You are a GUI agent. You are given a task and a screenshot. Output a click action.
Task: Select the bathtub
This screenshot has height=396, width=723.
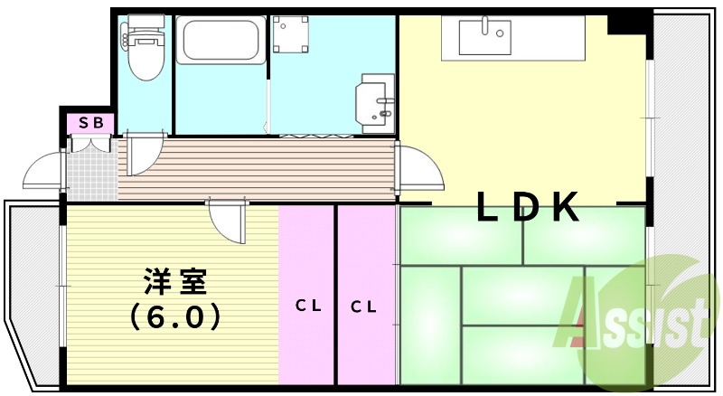tap(221, 39)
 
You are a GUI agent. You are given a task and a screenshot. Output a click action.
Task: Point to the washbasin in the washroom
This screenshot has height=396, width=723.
tap(375, 104)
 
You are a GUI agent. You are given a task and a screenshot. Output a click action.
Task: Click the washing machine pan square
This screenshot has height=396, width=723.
tap(290, 34)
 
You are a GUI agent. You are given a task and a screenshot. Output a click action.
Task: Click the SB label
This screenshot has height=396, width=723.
tap(90, 123)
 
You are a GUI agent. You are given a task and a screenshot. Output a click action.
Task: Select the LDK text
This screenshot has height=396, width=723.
tap(528, 206)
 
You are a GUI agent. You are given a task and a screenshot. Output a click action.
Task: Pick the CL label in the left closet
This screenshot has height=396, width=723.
tap(308, 305)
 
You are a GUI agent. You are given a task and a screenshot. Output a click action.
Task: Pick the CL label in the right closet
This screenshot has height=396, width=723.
tap(363, 306)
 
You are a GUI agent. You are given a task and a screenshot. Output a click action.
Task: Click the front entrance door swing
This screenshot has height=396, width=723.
tap(43, 170)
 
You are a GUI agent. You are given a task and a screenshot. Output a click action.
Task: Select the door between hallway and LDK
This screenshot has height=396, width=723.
tap(418, 167)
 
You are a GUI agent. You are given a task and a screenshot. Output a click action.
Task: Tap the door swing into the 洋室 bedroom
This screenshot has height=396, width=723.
tap(228, 221)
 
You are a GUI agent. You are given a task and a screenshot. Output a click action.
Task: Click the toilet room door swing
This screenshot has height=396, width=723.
tap(144, 154)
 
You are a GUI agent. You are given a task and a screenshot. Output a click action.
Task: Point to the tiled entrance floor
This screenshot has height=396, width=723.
tap(92, 169)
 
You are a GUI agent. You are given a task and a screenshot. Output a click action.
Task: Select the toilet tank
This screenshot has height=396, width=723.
tap(146, 21)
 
